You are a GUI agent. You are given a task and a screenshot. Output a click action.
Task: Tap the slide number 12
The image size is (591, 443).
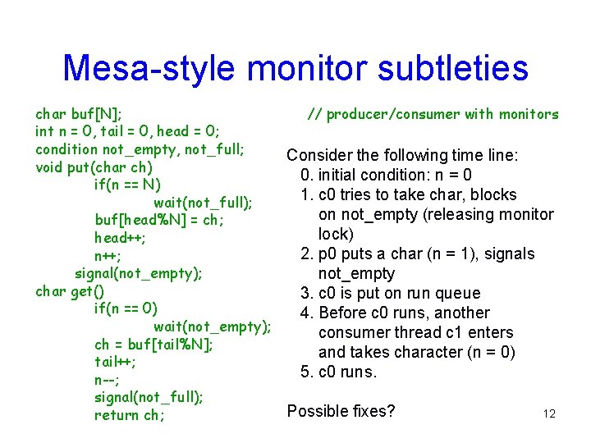[x=549, y=413]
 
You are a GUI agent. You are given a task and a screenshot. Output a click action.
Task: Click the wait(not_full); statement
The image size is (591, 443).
[x=203, y=202]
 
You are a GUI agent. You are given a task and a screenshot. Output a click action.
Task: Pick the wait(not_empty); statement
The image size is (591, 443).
[x=212, y=327]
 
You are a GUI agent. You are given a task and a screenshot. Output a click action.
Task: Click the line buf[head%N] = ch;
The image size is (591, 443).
[x=159, y=220]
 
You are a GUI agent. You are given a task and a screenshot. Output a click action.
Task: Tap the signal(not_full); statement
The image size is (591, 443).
[x=149, y=397]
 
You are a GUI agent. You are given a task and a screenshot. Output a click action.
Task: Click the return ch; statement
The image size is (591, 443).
[x=129, y=415]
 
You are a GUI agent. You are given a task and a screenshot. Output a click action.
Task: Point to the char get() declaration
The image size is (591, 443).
[x=70, y=291]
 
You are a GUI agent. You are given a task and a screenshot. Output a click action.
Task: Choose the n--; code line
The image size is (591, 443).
[x=110, y=379]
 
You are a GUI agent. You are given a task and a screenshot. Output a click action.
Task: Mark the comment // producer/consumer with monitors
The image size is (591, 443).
[x=433, y=115]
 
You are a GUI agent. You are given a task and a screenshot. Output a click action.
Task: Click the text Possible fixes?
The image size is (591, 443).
[x=341, y=410]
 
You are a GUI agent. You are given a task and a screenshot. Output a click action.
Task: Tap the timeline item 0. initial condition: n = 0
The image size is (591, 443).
[x=386, y=175]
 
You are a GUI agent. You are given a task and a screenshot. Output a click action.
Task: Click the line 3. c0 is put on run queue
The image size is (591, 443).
[x=391, y=293]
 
